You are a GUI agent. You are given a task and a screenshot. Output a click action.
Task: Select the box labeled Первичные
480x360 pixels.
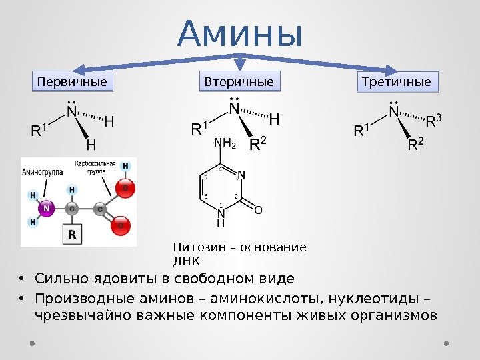(73, 82)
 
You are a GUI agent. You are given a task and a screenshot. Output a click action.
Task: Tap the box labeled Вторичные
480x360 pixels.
(239, 82)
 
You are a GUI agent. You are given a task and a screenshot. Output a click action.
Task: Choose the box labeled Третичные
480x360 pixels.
(396, 82)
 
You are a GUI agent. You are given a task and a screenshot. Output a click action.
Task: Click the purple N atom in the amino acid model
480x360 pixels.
(46, 208)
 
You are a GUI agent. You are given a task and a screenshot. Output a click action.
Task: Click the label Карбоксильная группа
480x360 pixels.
(95, 167)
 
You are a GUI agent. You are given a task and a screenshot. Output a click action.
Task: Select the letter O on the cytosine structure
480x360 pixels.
(259, 210)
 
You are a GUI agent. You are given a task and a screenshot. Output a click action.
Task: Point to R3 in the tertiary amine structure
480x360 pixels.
(434, 121)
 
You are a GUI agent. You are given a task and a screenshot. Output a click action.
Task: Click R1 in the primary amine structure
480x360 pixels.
(40, 129)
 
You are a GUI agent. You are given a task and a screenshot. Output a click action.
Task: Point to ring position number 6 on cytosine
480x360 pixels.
(206, 196)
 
